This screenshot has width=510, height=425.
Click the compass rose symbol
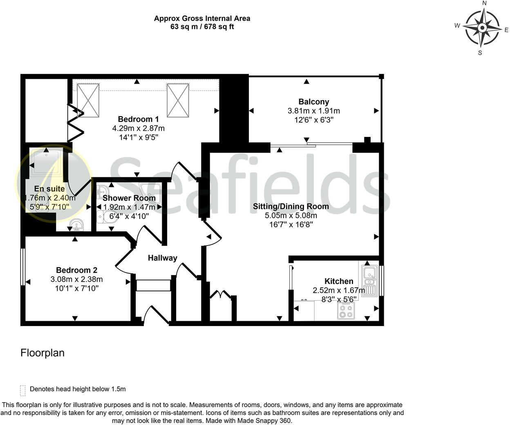point(483,28)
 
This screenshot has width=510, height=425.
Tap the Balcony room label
point(313,102)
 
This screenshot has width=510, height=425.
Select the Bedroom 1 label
point(138,119)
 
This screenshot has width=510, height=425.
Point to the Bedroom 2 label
point(76,270)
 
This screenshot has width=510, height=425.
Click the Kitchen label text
point(339,281)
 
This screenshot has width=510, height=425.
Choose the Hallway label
point(162,258)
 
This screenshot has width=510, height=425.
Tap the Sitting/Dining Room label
point(291,206)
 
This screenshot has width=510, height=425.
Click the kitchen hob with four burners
point(346,311)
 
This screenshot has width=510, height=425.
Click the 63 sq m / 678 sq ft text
point(202,27)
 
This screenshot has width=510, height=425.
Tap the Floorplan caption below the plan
point(42,353)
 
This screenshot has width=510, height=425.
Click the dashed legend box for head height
point(23,390)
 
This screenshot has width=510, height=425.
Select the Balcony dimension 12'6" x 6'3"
point(313,120)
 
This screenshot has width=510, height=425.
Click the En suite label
point(49,189)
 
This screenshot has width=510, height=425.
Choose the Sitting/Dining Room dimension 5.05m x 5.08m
point(291,215)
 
